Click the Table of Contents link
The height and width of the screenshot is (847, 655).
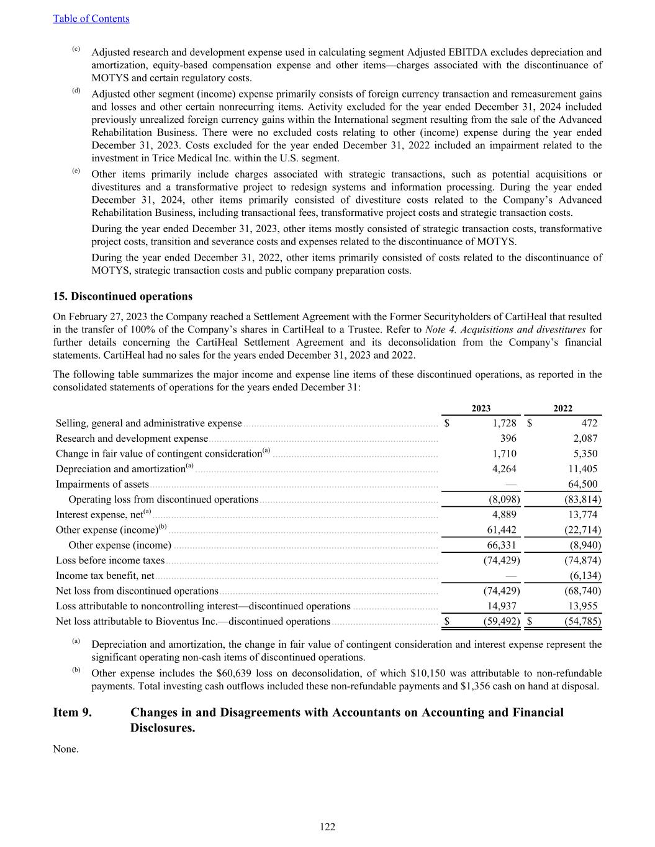[91, 19]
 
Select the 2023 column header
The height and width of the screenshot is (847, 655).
[481, 408]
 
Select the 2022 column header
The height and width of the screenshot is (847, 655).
[562, 408]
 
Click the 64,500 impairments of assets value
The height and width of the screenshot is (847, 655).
[583, 485]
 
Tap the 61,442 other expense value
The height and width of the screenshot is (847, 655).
[503, 530]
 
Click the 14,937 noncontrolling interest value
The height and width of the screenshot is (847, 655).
[503, 606]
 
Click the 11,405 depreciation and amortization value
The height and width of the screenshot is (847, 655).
[583, 469]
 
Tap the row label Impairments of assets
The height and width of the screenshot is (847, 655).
[102, 485]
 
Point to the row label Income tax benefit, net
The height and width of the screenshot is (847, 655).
[105, 576]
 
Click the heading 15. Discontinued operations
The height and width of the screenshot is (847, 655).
[123, 297]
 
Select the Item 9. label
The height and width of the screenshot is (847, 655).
[73, 712]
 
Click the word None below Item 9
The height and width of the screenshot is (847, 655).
[66, 749]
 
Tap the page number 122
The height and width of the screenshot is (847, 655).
[328, 827]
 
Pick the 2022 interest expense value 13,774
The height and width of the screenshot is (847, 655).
[583, 514]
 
